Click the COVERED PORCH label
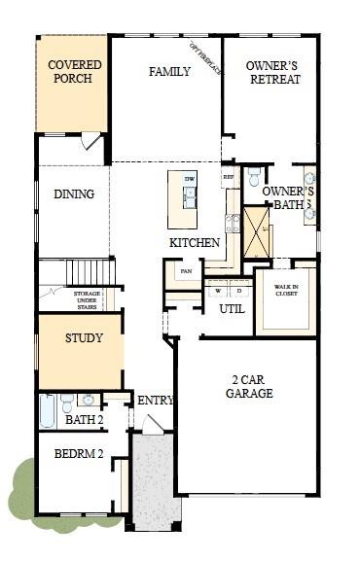75,71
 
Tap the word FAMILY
168,71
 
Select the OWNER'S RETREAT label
271,71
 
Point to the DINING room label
74,193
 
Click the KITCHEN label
195,242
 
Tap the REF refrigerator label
229,177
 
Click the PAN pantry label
184,272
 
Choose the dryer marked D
236,290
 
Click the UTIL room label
232,309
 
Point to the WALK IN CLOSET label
286,290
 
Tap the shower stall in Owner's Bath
256,232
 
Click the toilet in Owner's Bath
253,176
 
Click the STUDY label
84,338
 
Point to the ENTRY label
156,401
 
